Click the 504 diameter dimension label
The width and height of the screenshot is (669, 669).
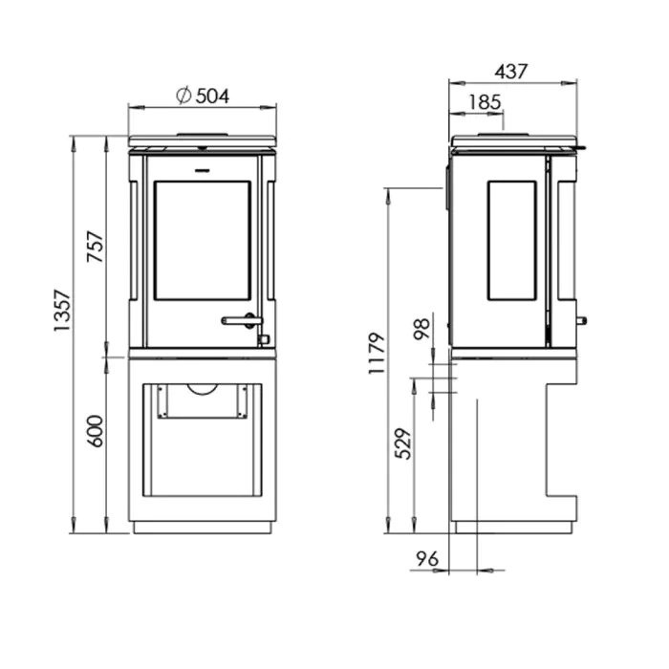212,96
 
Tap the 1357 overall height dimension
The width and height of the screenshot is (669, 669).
62,311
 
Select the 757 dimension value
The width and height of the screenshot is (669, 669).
96,247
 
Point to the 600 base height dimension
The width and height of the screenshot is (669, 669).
96,431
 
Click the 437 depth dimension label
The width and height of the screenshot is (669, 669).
511,72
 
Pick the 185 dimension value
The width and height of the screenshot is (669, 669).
485,102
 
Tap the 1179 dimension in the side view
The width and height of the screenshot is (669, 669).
377,354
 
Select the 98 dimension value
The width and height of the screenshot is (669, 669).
422,329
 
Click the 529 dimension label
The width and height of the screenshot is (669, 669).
403,443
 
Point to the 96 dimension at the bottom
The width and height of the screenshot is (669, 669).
427,558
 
